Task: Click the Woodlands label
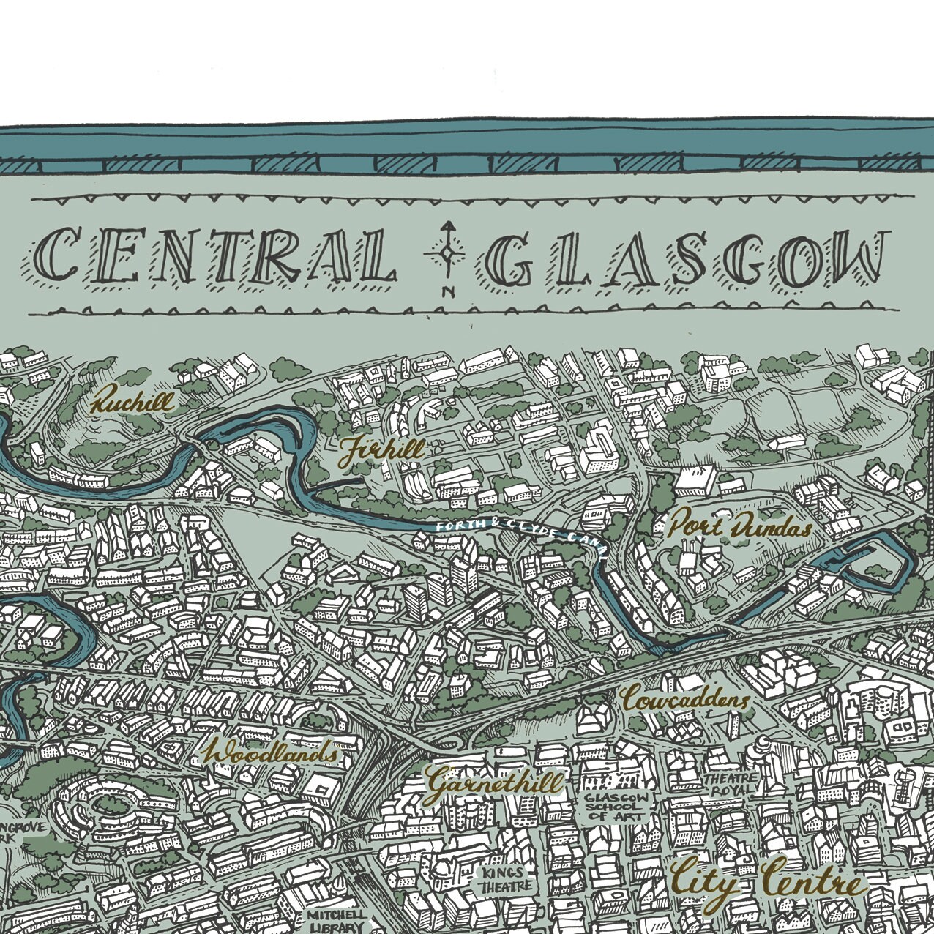coord(272,753)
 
